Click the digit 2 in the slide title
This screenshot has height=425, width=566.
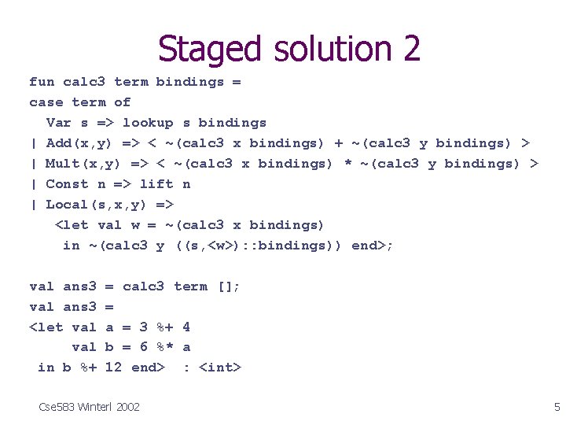[x=411, y=49]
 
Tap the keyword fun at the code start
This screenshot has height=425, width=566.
[x=42, y=82]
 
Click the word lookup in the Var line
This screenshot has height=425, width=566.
[x=148, y=123]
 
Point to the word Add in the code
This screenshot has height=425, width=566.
[x=59, y=143]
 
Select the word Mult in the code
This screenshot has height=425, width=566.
[x=63, y=164]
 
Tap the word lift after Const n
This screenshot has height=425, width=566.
[x=156, y=184]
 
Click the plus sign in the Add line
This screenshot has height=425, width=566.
[x=339, y=143]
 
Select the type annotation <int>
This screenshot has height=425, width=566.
[x=220, y=368]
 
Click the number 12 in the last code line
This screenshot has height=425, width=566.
[x=113, y=368]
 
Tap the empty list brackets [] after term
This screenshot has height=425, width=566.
[x=229, y=286]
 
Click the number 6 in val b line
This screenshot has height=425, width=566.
[x=144, y=347]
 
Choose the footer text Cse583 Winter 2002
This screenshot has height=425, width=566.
[x=89, y=407]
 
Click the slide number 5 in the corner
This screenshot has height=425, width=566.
[x=557, y=407]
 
